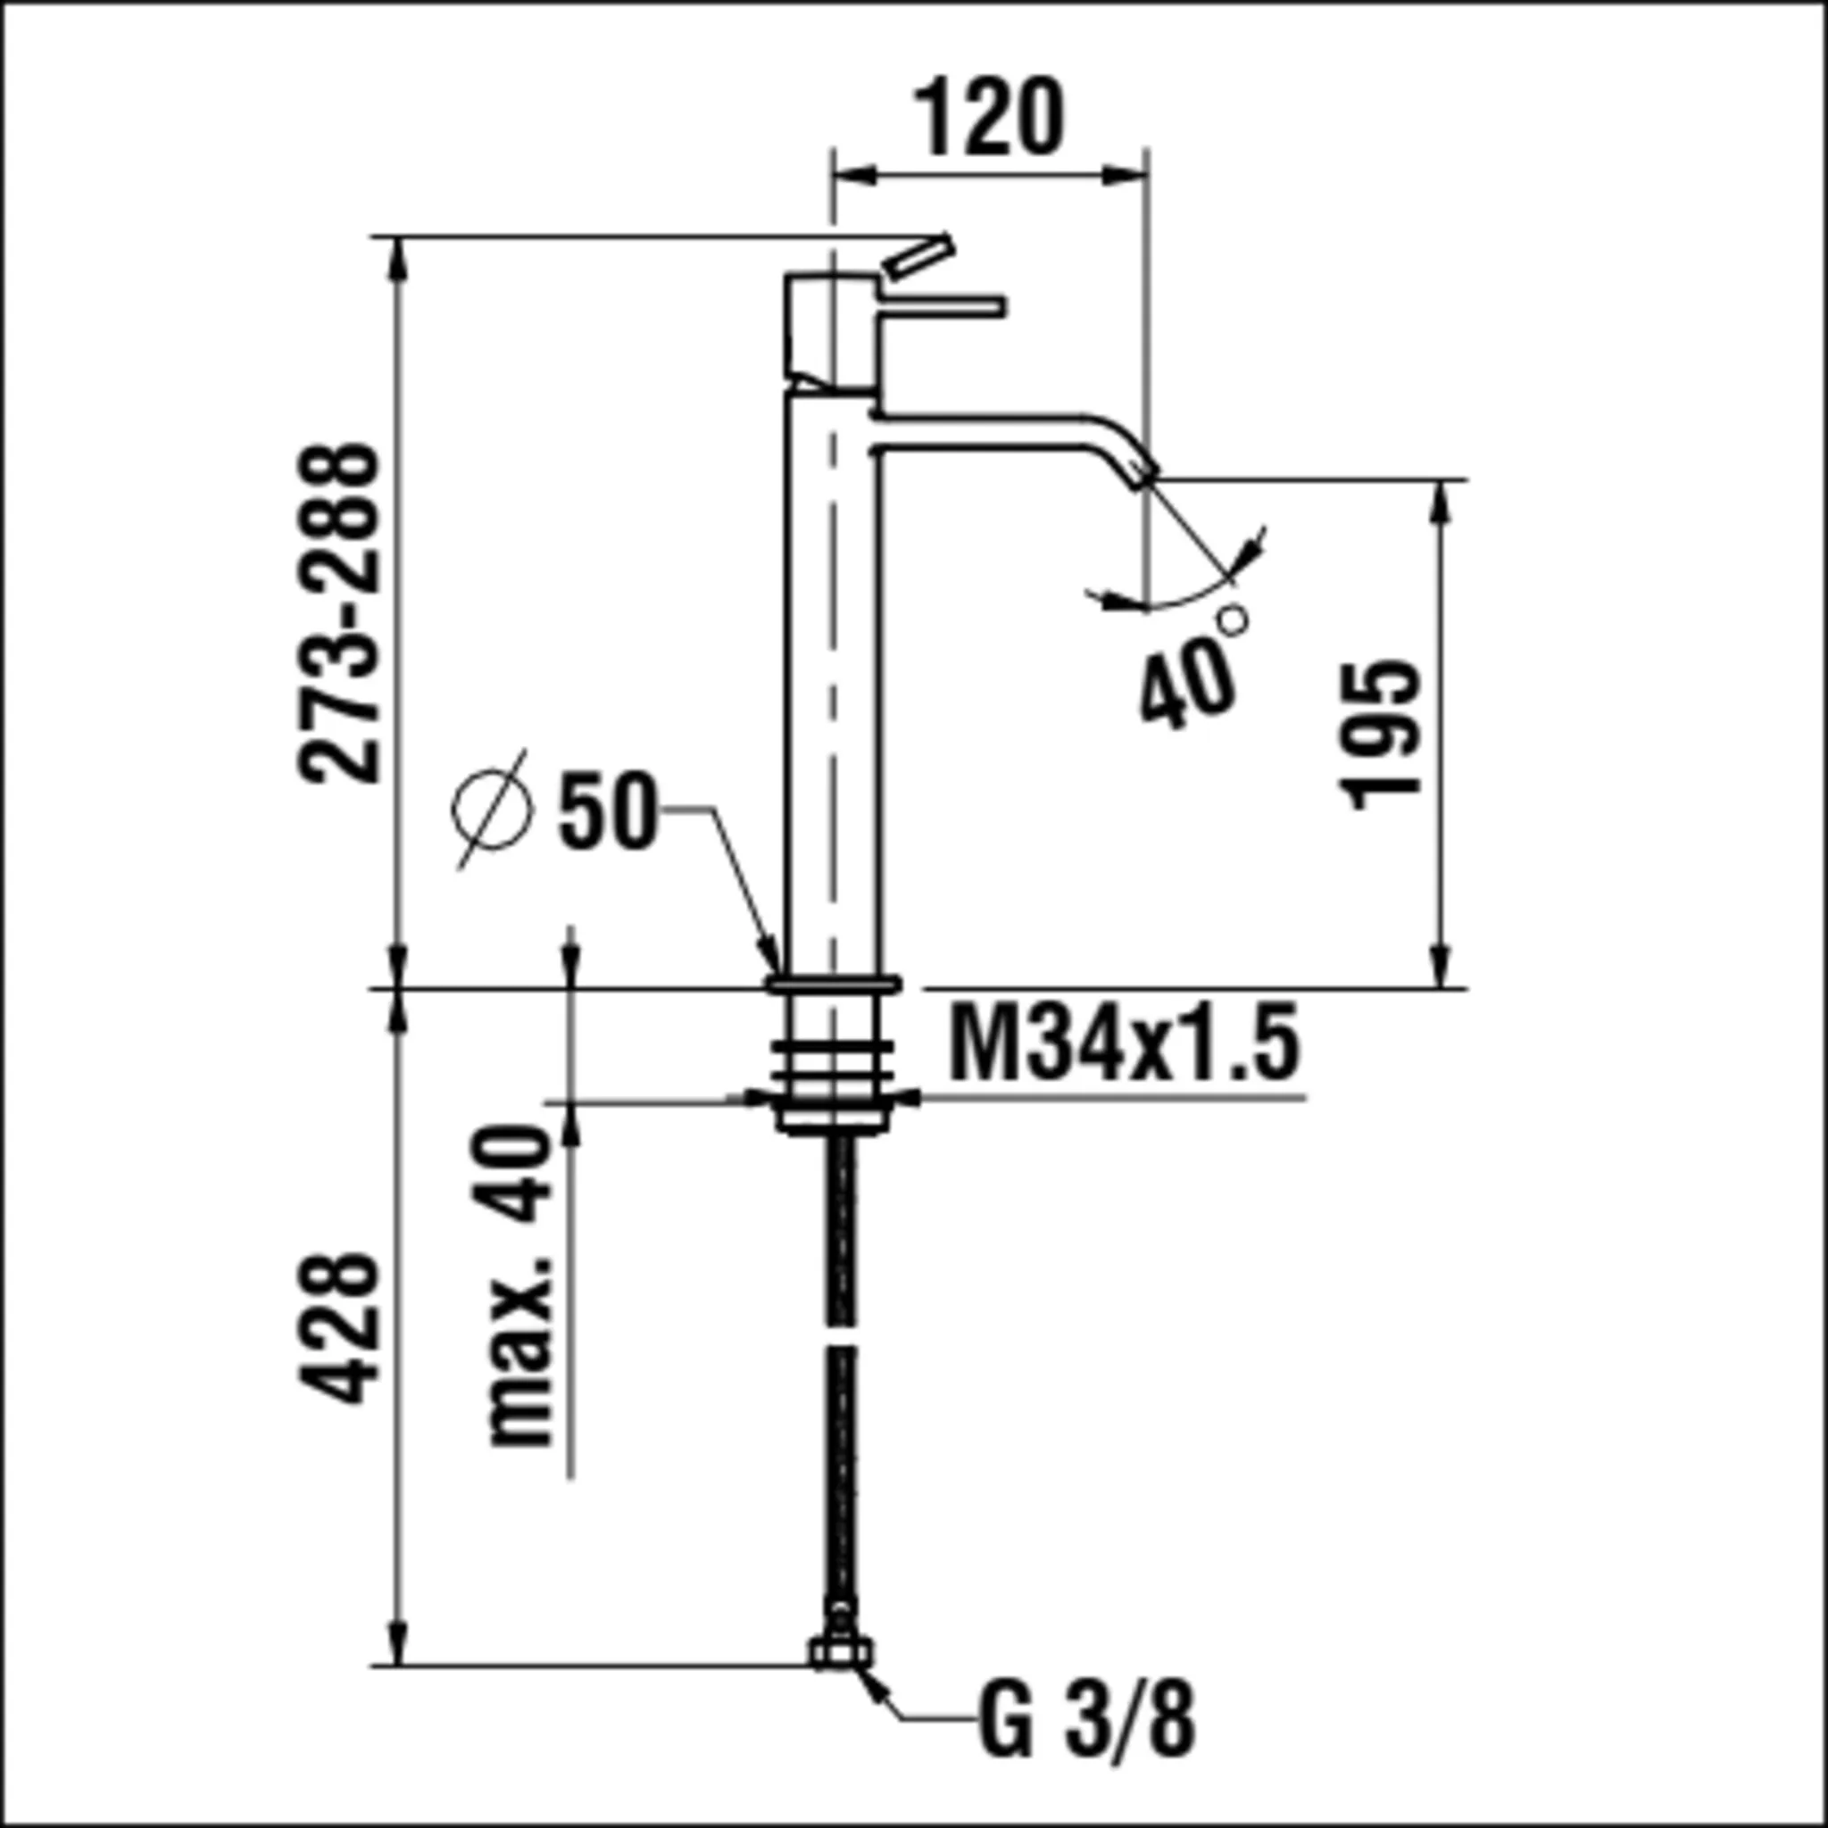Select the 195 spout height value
[1381, 734]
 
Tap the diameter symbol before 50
[492, 808]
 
